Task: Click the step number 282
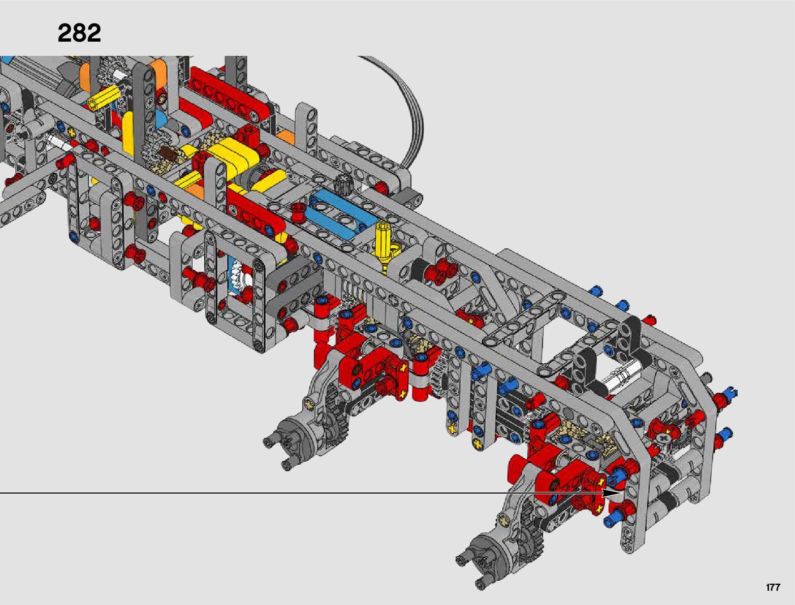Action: point(79,33)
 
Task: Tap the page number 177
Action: point(773,587)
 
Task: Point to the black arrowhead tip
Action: point(621,493)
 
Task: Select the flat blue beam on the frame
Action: point(342,213)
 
